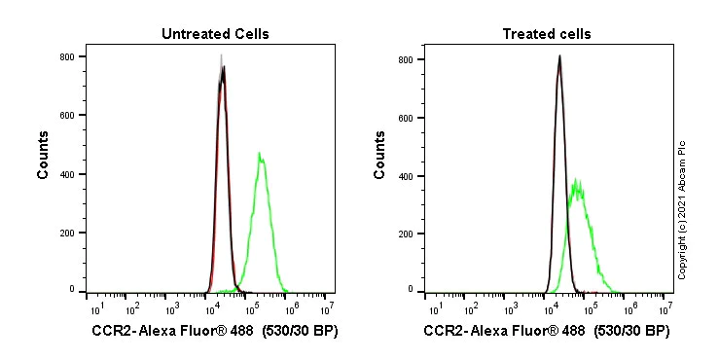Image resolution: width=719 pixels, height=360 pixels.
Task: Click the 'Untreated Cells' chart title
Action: click(x=215, y=34)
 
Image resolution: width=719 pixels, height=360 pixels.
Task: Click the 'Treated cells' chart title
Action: click(x=546, y=34)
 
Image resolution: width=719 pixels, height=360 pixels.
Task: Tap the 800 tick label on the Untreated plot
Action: click(x=67, y=56)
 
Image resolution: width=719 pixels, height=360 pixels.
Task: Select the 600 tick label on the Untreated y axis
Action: click(x=67, y=115)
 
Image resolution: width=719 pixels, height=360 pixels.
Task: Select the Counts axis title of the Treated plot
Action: click(x=379, y=156)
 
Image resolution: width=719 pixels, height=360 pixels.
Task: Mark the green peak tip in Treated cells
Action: click(x=577, y=178)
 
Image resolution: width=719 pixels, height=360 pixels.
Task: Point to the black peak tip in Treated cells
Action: click(x=559, y=55)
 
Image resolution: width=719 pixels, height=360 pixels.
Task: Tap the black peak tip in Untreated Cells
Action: click(x=224, y=66)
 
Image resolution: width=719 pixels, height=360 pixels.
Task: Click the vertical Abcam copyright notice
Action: click(x=682, y=209)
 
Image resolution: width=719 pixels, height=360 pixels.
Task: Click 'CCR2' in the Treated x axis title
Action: click(x=443, y=332)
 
